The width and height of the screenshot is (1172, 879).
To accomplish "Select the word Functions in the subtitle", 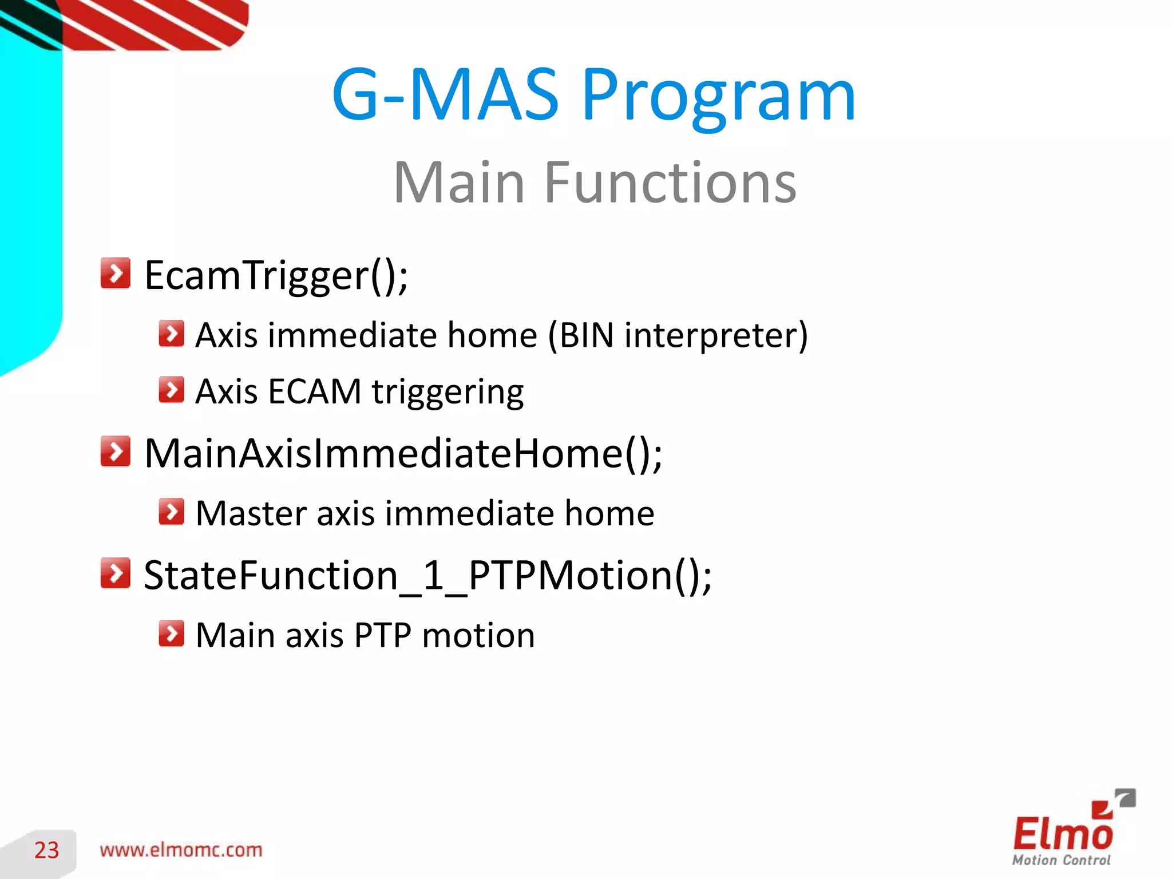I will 670,183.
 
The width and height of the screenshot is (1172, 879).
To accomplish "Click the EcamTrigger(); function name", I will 276,276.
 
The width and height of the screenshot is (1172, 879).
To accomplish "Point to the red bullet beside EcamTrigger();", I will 115,273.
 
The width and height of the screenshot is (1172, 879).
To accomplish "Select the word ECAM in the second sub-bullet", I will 314,392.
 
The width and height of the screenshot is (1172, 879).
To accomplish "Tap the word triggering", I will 448,394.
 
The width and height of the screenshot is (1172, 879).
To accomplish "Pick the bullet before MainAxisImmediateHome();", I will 115,452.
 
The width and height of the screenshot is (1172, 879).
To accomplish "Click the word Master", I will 251,513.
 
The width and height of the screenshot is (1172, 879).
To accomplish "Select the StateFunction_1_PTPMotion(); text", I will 427,576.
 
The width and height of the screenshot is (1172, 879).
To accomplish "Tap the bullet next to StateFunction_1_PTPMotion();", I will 115,573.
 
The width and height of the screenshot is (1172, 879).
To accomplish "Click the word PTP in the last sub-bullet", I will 382,636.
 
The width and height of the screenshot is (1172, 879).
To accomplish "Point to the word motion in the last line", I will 478,636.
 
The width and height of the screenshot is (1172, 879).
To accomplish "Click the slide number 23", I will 46,850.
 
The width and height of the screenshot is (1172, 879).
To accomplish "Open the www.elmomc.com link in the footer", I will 181,850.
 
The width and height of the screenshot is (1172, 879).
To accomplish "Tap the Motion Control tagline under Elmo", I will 1061,860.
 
